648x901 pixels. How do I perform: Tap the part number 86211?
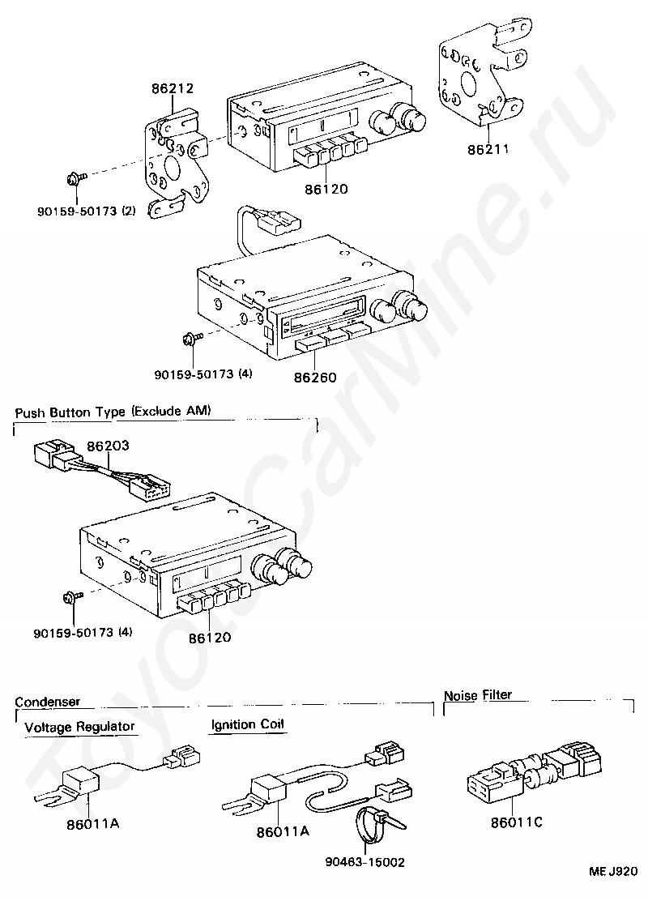(488, 149)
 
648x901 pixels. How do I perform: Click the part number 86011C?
(517, 823)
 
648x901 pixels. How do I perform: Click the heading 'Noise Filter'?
(478, 694)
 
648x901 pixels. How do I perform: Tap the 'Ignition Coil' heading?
(248, 724)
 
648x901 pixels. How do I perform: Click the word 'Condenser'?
(48, 702)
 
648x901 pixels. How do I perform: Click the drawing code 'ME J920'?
(614, 872)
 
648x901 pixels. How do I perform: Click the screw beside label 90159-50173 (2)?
(75, 176)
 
